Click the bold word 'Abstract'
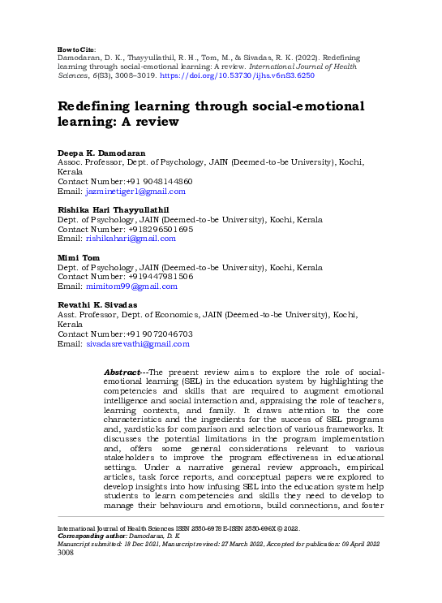coord(123,371)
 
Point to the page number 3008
coord(66,554)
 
